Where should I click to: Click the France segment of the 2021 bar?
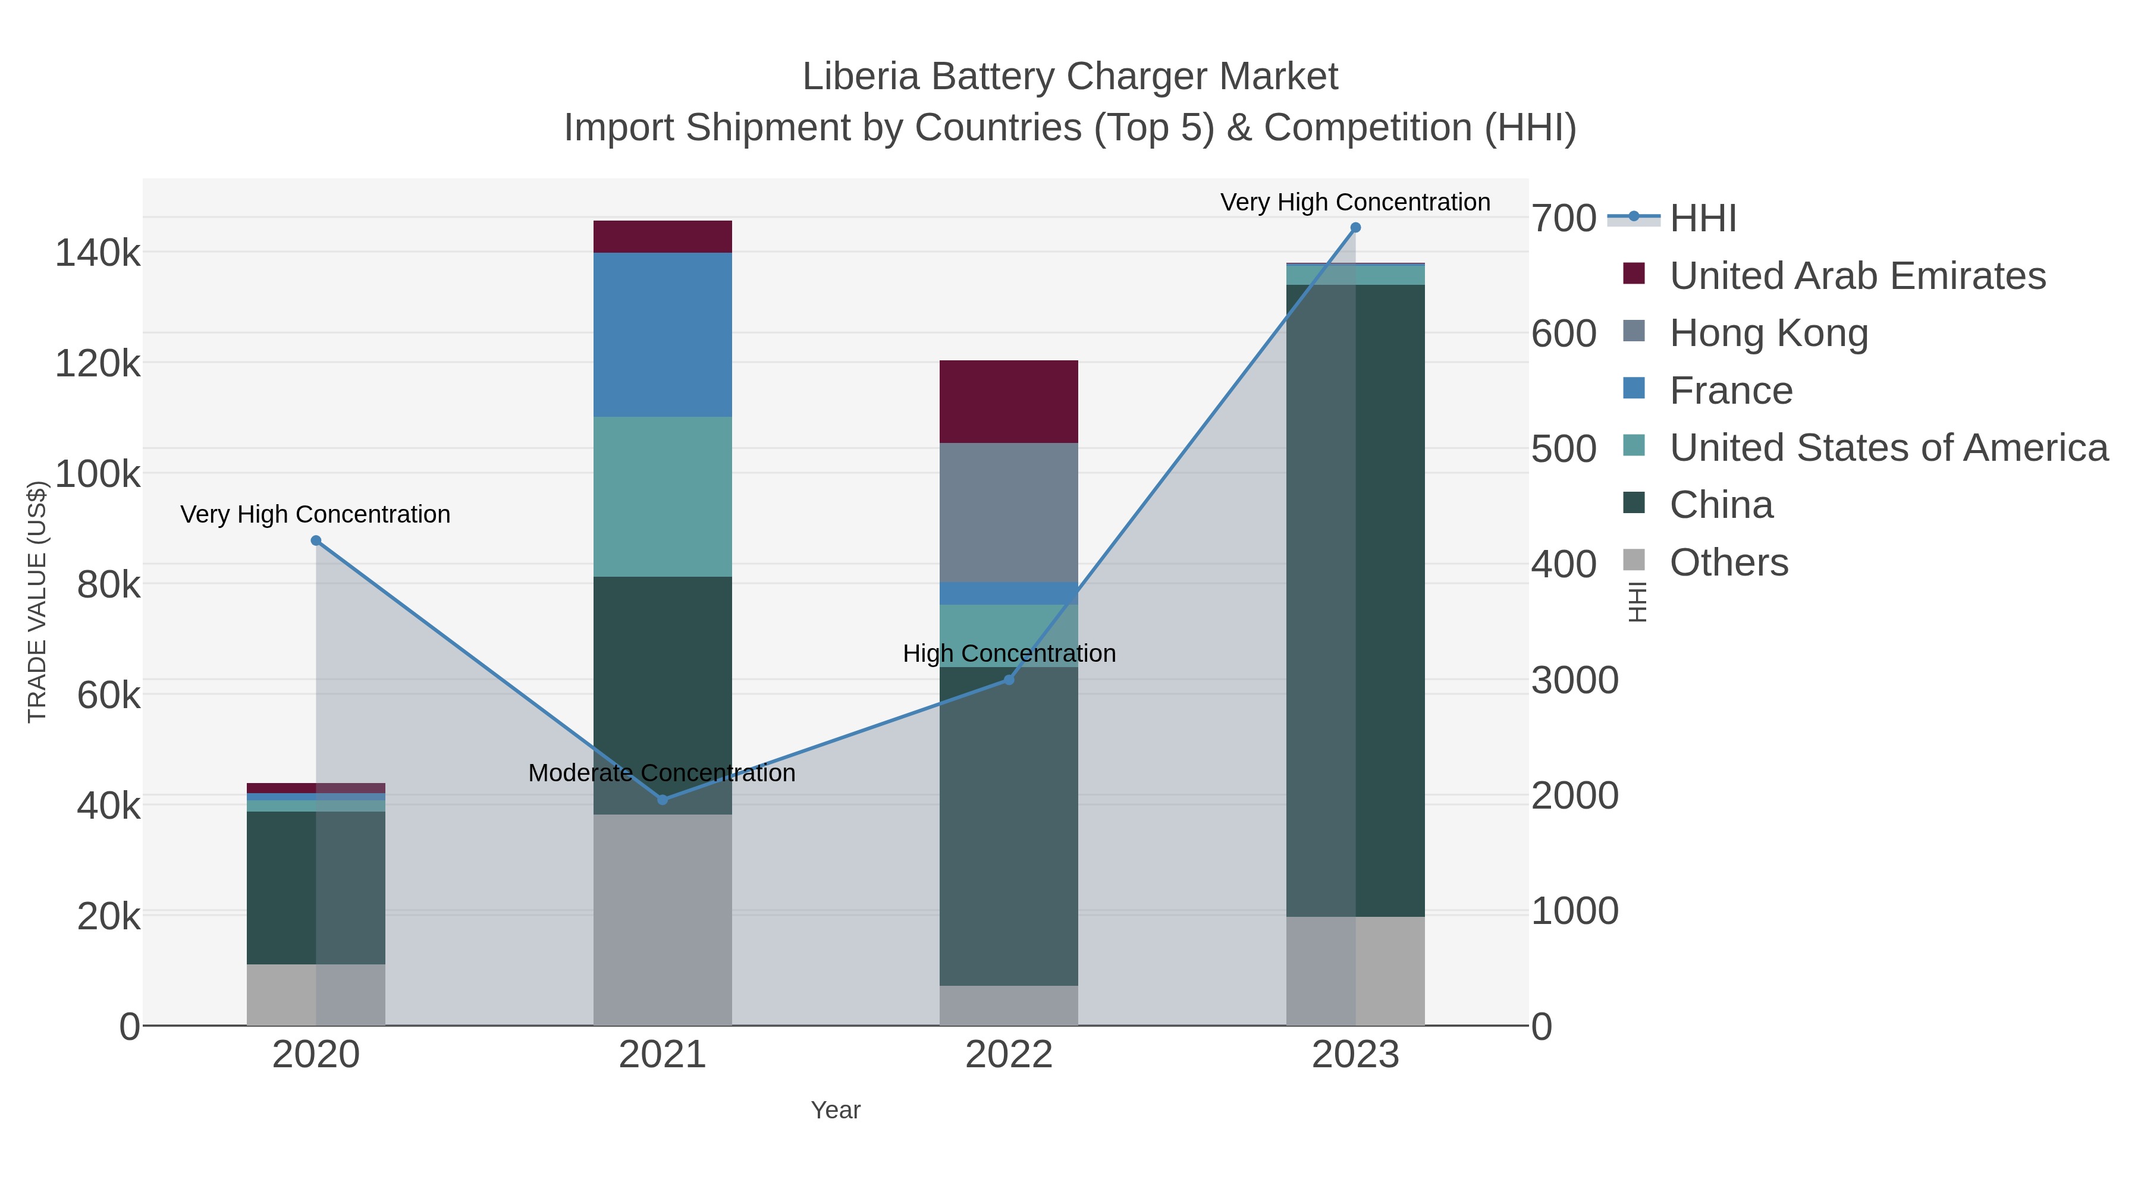click(x=663, y=334)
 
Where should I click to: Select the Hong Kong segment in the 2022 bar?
click(x=1008, y=512)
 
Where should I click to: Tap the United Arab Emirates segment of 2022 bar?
click(x=1008, y=401)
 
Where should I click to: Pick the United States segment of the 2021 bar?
click(x=663, y=496)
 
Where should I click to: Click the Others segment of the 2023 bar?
click(x=1355, y=970)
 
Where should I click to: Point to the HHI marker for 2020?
click(x=316, y=541)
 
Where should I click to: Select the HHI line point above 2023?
click(x=1355, y=228)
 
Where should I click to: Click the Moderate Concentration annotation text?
click(x=661, y=774)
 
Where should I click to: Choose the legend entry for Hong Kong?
click(x=1769, y=333)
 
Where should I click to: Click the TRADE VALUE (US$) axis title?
click(x=37, y=602)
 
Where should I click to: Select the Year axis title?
click(x=836, y=1110)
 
